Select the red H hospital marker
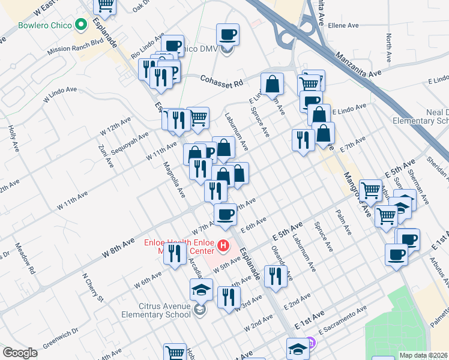point(223,245)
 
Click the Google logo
point(20,353)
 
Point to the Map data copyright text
point(423,355)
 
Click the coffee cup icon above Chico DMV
point(228,34)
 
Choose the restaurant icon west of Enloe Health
point(175,253)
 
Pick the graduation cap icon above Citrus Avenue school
point(201,290)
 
